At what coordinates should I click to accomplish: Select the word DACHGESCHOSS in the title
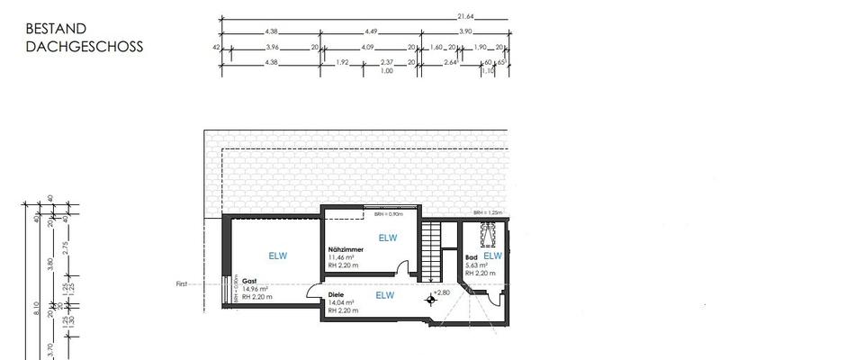pos(85,47)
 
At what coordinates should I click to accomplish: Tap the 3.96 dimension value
pos(273,46)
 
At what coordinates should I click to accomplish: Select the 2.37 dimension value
pos(387,62)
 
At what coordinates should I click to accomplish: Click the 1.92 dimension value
pos(342,62)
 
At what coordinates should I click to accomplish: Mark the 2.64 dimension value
pos(451,62)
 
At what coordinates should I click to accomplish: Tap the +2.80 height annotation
pos(441,292)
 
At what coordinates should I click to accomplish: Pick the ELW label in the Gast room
pos(278,256)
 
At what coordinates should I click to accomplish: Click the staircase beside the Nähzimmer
pos(433,252)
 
